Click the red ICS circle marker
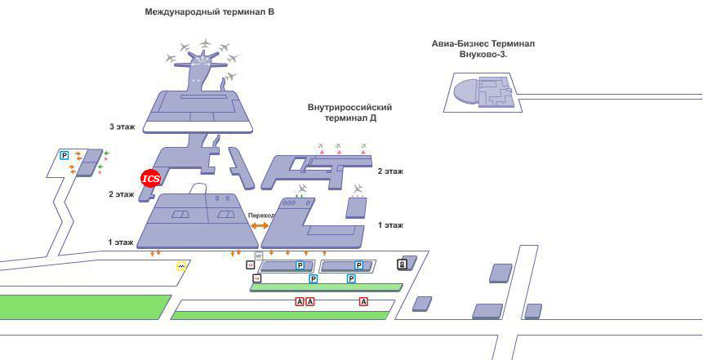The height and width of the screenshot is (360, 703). tap(151, 179)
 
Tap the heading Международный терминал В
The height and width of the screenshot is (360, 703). tap(209, 12)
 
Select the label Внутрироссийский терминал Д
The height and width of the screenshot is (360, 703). tap(350, 113)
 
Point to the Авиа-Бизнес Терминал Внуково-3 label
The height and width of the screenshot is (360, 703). tap(483, 49)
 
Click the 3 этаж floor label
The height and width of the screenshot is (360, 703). tap(122, 127)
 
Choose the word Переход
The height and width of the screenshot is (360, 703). tap(260, 216)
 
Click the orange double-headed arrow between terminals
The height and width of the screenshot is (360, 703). tap(260, 225)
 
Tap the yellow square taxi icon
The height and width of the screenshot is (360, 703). tap(181, 266)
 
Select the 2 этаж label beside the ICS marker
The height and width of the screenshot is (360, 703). tap(121, 194)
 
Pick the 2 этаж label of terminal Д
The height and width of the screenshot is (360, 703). tap(390, 171)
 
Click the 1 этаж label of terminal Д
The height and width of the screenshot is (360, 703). tap(390, 225)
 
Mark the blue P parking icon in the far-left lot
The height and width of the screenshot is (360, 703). tap(65, 156)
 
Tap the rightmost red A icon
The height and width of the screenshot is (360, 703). tap(363, 302)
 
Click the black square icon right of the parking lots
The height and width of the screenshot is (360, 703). tap(402, 264)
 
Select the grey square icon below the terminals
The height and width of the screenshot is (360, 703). tap(258, 256)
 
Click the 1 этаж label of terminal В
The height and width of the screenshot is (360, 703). tap(121, 243)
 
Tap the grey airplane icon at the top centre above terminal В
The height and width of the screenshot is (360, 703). tap(205, 43)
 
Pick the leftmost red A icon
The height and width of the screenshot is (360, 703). tap(300, 302)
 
